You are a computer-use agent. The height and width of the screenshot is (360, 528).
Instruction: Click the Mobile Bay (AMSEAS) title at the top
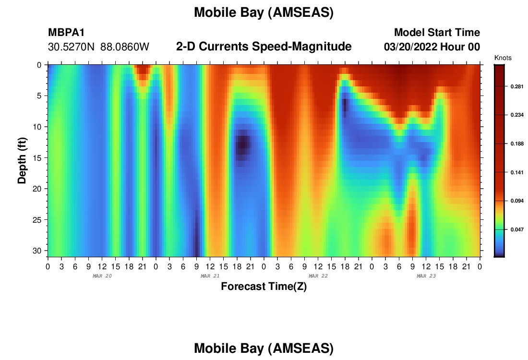(264, 12)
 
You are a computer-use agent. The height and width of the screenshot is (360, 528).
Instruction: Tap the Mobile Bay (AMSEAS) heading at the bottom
(264, 348)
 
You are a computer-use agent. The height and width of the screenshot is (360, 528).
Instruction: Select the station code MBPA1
(66, 32)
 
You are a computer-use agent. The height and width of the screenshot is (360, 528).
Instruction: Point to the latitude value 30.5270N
(71, 47)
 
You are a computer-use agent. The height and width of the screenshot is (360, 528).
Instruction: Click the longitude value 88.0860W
(125, 47)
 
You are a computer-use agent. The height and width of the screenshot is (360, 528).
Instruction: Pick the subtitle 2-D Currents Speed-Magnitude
(264, 47)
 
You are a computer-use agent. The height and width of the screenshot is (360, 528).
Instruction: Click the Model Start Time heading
(437, 32)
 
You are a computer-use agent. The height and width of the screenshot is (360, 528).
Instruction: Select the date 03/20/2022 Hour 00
(432, 47)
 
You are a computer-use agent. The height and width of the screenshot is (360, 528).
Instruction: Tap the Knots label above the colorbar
(503, 58)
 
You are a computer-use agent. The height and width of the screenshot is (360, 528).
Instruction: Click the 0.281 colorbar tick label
(517, 86)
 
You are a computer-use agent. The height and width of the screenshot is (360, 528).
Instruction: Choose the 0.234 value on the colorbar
(517, 115)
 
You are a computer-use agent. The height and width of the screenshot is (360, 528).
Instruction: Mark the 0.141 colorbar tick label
(517, 172)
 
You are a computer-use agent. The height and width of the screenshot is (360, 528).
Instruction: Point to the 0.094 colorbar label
(517, 201)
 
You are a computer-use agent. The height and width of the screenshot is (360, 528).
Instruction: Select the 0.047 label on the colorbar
(517, 229)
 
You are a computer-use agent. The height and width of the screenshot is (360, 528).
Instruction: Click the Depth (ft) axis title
(22, 160)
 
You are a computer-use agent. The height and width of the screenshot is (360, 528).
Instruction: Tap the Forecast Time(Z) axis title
(264, 287)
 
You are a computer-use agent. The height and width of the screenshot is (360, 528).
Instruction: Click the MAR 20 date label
(102, 276)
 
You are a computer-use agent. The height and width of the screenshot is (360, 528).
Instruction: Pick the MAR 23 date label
(426, 276)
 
